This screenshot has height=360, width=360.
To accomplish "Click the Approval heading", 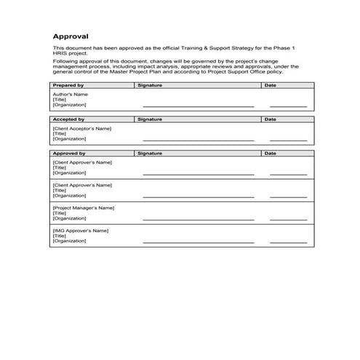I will (71, 36).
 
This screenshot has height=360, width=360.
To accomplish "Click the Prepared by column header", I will (69, 85).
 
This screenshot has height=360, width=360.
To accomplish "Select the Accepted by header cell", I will (69, 119).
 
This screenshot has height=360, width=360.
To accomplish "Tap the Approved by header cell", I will (70, 153).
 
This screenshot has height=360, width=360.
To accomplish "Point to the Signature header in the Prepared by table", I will (150, 85).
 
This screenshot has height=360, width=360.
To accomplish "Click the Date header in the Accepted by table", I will (271, 119).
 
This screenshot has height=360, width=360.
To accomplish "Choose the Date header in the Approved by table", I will (271, 153).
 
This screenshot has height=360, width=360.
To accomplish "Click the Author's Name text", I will (71, 94).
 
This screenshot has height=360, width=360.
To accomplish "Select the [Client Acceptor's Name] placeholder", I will (82, 128).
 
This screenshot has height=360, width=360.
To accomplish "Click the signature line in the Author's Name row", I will (199, 106).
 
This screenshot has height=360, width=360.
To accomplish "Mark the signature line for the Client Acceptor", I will (199, 140).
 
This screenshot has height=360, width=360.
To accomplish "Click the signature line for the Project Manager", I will (199, 219).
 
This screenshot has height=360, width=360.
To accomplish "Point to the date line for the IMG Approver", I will (288, 242).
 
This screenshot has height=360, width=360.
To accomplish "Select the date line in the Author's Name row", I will (288, 106).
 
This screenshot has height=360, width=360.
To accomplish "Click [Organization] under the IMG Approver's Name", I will (71, 241).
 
